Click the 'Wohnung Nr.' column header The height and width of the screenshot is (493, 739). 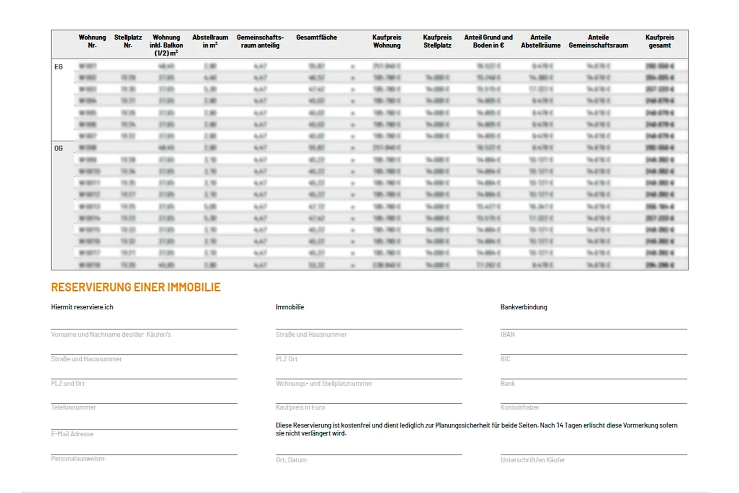92,41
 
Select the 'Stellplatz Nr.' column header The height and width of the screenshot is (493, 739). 128,41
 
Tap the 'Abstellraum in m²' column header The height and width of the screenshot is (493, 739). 210,41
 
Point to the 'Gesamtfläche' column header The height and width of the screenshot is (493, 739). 316,37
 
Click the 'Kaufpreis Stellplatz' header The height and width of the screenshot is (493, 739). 437,41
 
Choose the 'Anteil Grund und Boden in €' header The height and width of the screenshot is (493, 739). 488,41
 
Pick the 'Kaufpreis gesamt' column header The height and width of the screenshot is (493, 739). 660,41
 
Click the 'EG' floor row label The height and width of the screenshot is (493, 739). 59,67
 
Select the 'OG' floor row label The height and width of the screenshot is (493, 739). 59,148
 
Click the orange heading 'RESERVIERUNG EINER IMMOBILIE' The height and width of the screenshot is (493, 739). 136,287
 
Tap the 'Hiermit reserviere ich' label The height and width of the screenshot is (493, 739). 82,307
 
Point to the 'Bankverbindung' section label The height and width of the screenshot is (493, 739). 524,307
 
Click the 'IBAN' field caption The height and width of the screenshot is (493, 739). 507,335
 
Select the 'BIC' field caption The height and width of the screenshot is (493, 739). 505,359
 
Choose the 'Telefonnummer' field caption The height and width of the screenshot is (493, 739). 73,408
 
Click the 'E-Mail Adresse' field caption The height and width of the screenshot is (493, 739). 72,434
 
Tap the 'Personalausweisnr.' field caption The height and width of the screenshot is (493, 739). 79,459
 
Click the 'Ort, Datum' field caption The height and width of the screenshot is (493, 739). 291,460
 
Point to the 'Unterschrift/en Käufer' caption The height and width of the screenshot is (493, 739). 533,460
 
